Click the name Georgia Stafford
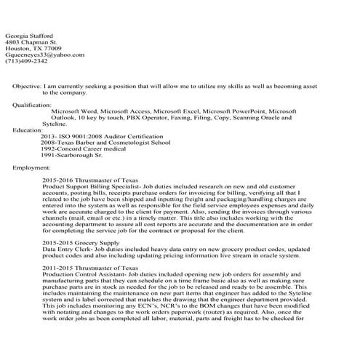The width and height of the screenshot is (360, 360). pyautogui.click(x=28, y=36)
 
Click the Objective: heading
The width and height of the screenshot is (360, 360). pyautogui.click(x=27, y=86)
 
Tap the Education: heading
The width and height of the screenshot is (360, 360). pyautogui.click(x=28, y=130)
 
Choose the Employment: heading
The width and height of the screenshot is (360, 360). pyautogui.click(x=32, y=167)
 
